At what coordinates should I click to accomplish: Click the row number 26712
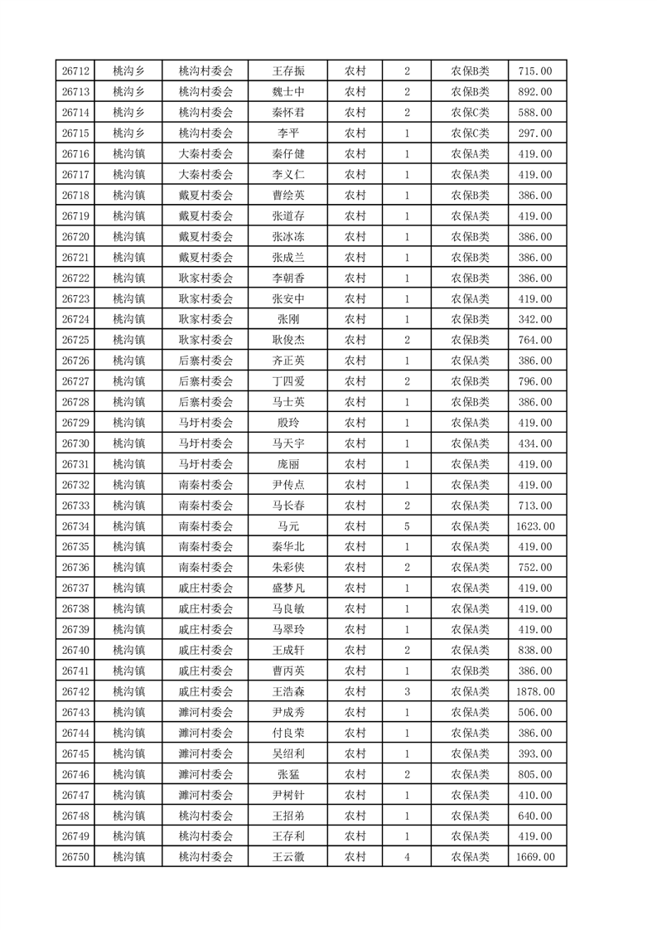75,71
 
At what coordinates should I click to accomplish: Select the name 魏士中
288,92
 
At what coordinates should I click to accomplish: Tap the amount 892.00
535,92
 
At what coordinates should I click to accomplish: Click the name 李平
288,133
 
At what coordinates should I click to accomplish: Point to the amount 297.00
535,133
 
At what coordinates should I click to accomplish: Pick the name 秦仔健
288,154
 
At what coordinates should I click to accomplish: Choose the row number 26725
75,340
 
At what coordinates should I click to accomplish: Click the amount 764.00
535,340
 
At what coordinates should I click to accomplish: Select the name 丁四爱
288,381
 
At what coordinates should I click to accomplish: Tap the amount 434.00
535,443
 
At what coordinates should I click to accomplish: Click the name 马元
288,526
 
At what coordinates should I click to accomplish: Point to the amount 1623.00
535,526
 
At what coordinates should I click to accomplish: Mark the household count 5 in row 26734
407,526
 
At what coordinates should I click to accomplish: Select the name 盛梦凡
288,589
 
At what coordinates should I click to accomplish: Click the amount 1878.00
535,691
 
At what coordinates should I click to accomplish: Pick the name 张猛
288,774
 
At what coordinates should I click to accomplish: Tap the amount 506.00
535,712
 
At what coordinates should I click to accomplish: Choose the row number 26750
75,857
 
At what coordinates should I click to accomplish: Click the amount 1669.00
535,857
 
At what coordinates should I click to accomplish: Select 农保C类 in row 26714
470,113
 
